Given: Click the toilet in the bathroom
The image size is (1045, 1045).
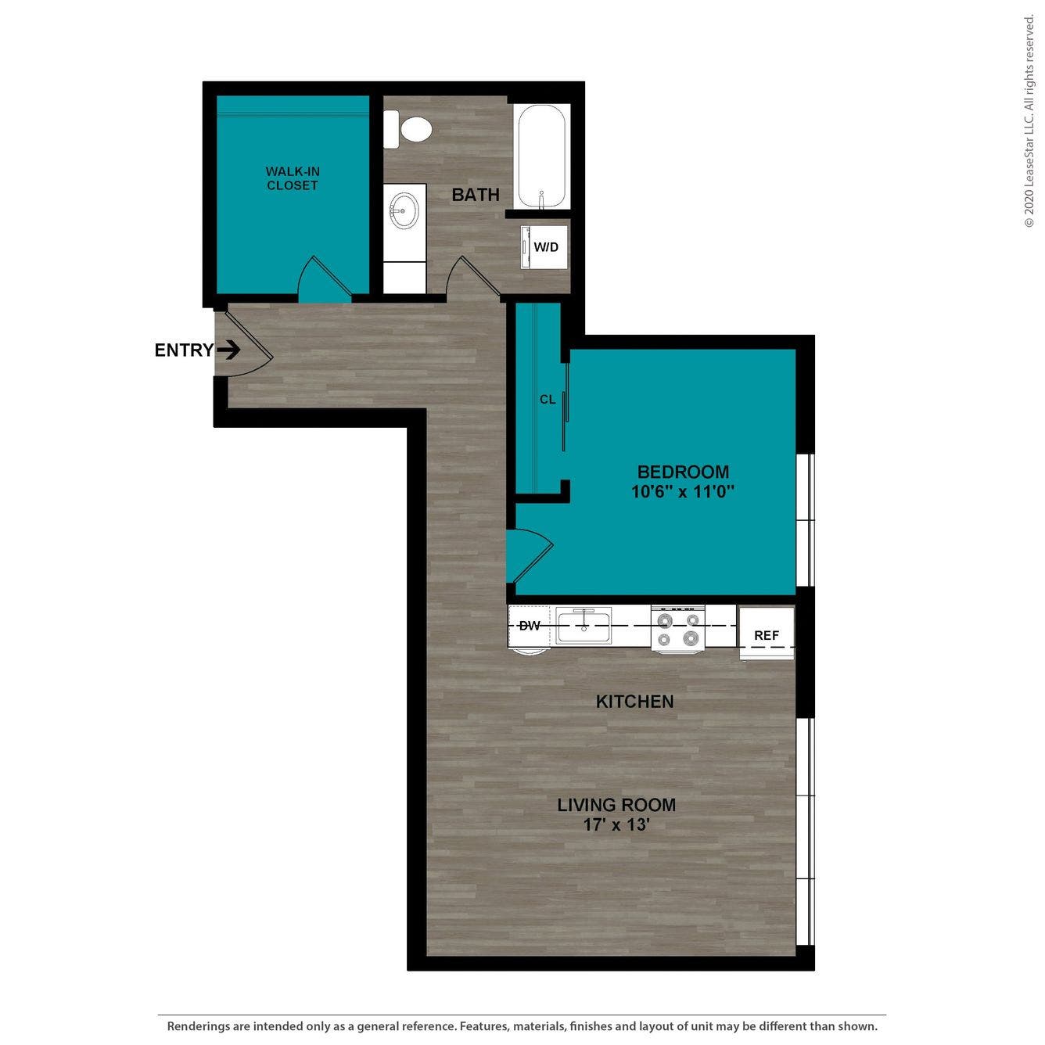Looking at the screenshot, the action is (408, 130).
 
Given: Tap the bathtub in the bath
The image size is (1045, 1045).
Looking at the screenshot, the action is (543, 156).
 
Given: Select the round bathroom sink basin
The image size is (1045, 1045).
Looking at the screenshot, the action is (404, 210).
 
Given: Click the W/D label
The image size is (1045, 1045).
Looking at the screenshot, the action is (546, 247).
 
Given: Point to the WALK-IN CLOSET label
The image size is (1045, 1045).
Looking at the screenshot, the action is (293, 178).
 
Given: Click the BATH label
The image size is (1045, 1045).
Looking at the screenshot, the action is (476, 195).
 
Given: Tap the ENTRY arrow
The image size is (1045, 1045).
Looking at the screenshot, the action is (228, 350).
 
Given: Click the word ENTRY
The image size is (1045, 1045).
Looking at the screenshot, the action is (185, 350).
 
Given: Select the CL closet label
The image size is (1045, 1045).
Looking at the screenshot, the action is (548, 400).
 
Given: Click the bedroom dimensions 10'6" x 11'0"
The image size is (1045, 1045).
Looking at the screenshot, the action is (684, 492).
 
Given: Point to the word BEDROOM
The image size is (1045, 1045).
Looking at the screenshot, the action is (684, 471).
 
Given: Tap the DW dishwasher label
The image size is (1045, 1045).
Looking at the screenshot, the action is (530, 626).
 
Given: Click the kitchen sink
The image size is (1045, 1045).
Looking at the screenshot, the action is (584, 625).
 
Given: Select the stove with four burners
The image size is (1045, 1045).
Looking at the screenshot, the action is (678, 628).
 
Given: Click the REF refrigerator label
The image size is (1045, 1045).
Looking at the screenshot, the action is (767, 635).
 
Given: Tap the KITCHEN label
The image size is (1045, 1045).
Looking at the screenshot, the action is (635, 702).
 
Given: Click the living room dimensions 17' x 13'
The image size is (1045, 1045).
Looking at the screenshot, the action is (616, 825).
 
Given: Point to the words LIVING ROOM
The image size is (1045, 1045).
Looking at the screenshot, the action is (616, 805).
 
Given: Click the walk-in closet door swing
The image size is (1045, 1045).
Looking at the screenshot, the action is (325, 278).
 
